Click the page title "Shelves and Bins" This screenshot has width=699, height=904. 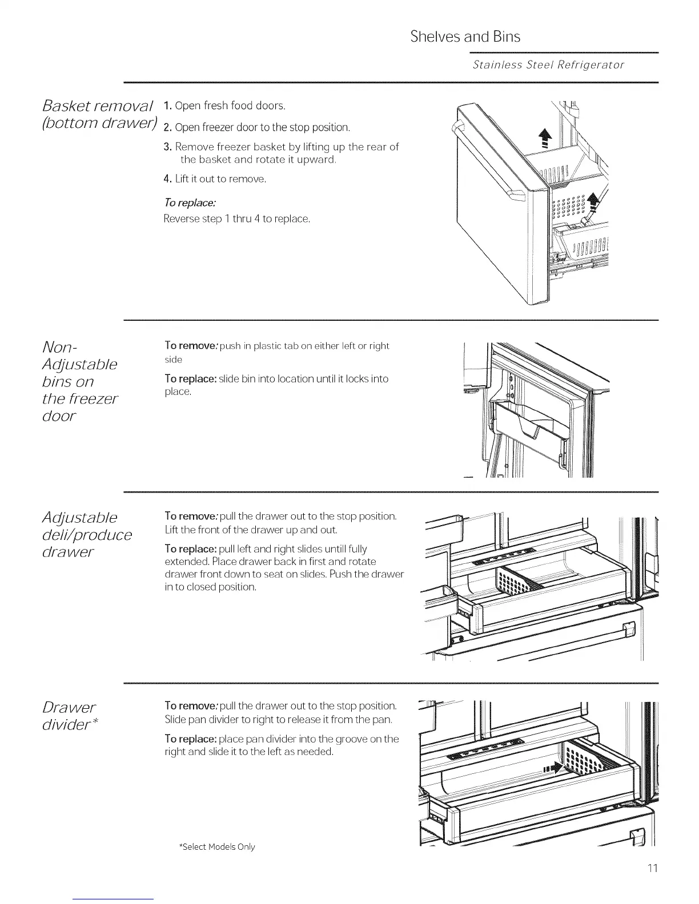click(465, 37)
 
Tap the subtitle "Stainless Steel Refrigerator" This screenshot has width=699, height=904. click(548, 64)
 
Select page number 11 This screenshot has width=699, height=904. click(653, 868)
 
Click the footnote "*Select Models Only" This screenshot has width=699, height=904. click(217, 846)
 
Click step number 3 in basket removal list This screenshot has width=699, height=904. click(167, 147)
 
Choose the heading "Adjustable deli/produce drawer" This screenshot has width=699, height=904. click(87, 534)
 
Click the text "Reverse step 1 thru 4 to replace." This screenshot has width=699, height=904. click(236, 219)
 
